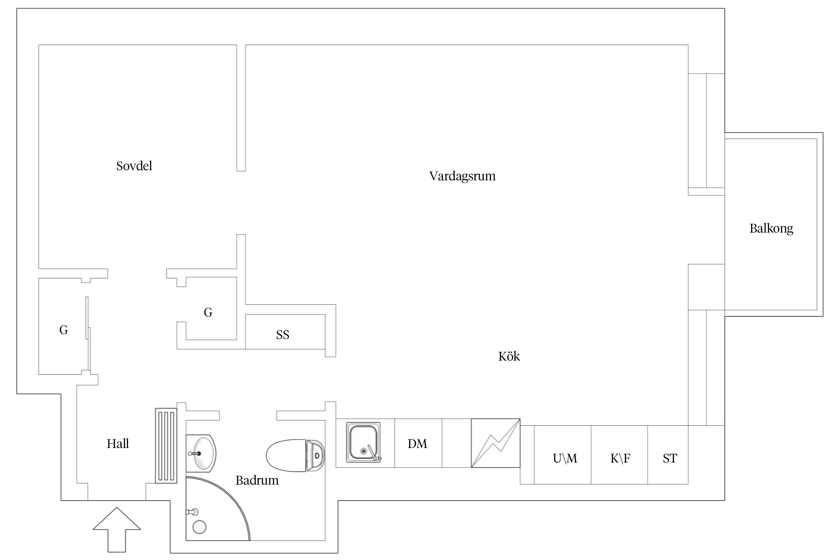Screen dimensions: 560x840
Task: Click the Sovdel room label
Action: coord(134,166)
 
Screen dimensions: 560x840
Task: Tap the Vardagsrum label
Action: coord(462,176)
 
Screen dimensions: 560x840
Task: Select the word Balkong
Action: coord(771,228)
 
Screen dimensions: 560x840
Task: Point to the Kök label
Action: coord(509,356)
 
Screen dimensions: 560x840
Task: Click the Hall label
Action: coord(118,444)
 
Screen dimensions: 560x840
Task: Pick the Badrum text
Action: coord(257,480)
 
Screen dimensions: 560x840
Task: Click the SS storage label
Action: coord(283,335)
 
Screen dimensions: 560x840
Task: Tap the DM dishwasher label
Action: coord(417,444)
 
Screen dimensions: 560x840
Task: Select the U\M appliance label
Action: coord(564,458)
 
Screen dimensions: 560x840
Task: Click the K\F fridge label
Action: coord(620,458)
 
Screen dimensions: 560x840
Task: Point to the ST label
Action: coord(670,458)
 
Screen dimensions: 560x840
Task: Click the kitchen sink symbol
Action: coord(364,442)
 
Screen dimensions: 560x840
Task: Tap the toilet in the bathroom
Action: coord(295,455)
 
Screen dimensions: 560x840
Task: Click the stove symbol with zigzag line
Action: coord(495,443)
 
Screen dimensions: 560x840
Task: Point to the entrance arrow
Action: coord(117,528)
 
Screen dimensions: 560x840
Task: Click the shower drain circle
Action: coord(199,527)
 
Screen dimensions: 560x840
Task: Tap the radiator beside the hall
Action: coord(166,446)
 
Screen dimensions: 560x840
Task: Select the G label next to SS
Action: coord(208,312)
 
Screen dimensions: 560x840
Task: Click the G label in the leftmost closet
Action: coord(63,330)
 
